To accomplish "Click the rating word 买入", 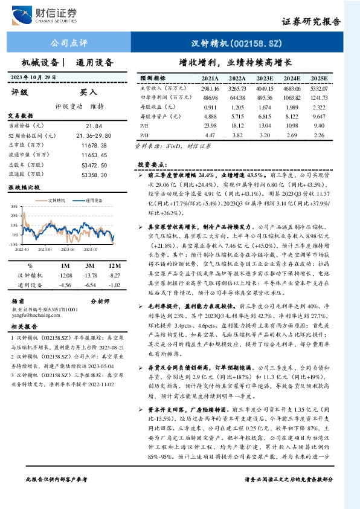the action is (88, 92).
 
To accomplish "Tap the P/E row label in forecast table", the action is (145, 125).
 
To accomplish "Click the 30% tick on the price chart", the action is (13, 206).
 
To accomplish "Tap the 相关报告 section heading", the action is (25, 326).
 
